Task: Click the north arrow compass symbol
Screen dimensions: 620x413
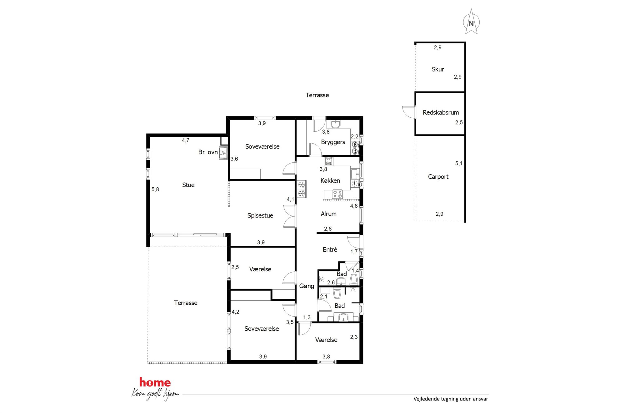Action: (471, 22)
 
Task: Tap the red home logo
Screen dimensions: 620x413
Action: (155, 382)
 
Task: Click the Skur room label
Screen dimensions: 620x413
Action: (437, 69)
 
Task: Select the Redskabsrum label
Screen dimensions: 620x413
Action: (441, 112)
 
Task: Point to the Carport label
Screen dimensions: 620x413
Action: (438, 177)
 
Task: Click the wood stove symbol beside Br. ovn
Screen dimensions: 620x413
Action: (223, 153)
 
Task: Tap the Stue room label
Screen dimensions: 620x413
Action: (188, 185)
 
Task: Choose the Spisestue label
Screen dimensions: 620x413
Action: (260, 215)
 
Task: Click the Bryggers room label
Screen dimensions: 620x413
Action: (333, 142)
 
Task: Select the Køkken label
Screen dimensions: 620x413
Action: (330, 180)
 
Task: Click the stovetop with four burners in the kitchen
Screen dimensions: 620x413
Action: (337, 194)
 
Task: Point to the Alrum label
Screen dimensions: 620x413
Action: (328, 214)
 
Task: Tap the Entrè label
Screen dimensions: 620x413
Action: (330, 249)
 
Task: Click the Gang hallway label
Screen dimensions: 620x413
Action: (306, 286)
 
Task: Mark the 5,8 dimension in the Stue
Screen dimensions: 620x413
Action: (155, 189)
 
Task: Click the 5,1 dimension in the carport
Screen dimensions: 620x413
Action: (458, 163)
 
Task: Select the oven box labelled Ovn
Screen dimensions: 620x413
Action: (328, 161)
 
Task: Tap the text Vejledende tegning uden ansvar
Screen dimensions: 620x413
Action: (451, 399)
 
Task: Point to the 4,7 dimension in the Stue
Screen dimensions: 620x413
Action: (186, 140)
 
